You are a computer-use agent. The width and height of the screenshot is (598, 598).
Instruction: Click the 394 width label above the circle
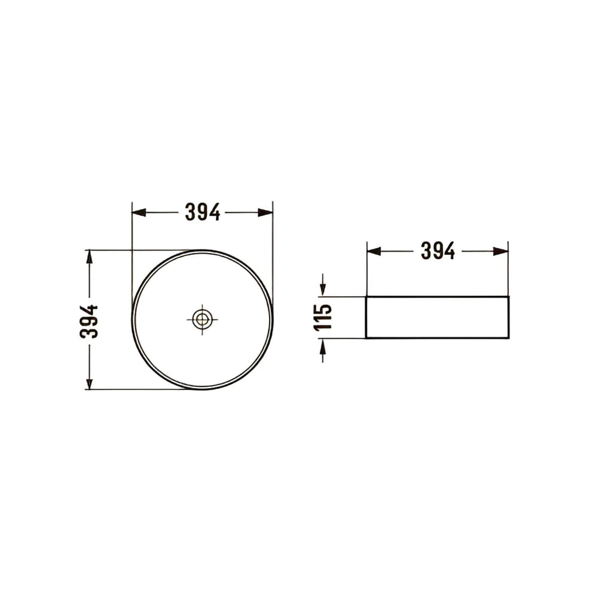coord(203,212)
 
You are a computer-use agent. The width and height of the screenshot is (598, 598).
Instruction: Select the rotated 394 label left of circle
coord(89,321)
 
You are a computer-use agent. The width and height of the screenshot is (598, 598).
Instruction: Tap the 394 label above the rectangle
coord(438,251)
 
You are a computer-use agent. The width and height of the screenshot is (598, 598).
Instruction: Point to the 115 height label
coord(323,317)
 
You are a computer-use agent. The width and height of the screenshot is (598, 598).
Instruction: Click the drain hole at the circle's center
coord(202,319)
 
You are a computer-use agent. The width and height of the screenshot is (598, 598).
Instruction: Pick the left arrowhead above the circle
coord(139,212)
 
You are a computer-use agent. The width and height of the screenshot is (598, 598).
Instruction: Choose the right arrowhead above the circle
coord(266,212)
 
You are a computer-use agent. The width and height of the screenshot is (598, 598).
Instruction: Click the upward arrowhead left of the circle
coord(89,257)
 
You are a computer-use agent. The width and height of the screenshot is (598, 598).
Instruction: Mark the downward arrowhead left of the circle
coord(89,382)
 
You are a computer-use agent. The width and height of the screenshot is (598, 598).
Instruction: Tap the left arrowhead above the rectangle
coord(374,251)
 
